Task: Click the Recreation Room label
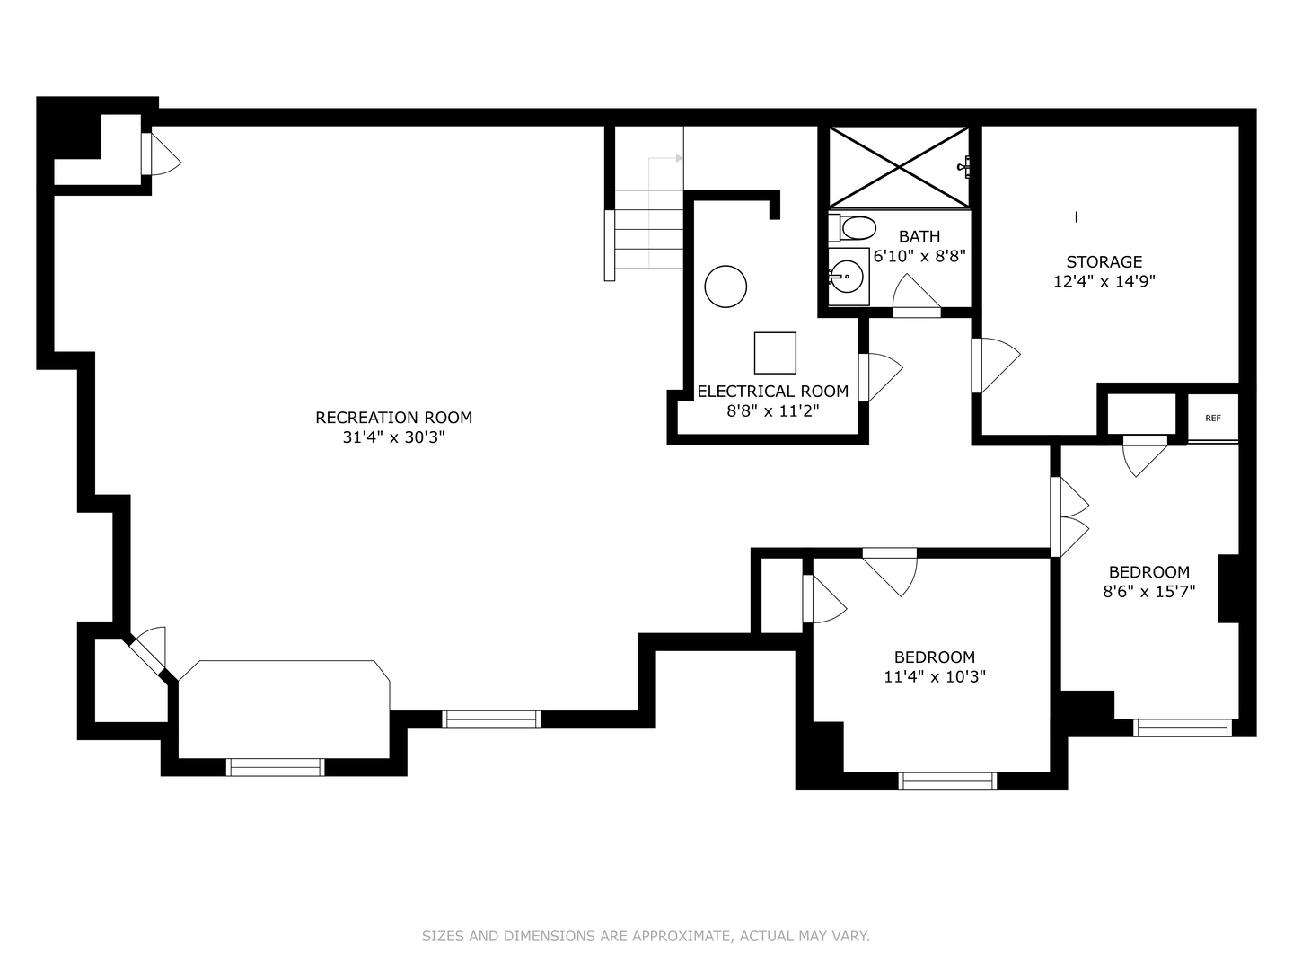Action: click(x=393, y=418)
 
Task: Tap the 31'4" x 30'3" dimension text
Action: click(x=393, y=437)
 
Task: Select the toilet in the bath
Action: click(x=854, y=227)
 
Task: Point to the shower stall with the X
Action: click(x=899, y=167)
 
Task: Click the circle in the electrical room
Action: click(x=726, y=287)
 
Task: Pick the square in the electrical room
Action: click(x=774, y=353)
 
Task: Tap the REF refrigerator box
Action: click(x=1213, y=418)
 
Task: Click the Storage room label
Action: click(x=1104, y=262)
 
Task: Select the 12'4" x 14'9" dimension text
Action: click(x=1104, y=281)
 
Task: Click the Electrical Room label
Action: click(x=772, y=392)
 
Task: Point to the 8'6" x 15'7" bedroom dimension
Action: click(x=1148, y=592)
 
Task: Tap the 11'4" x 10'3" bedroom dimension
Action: click(x=934, y=677)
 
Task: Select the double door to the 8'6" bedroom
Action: click(x=1070, y=517)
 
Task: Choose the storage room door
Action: click(x=995, y=364)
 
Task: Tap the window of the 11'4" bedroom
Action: click(x=947, y=780)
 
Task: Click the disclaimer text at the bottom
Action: click(x=646, y=936)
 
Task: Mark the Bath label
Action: click(x=919, y=236)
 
